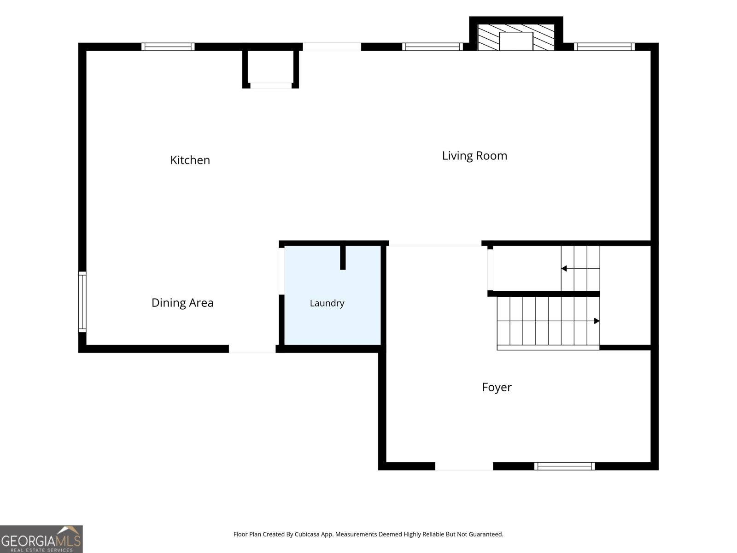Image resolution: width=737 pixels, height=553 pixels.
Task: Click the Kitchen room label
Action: pyautogui.click(x=190, y=160)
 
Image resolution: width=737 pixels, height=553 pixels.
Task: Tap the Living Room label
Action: pyautogui.click(x=474, y=156)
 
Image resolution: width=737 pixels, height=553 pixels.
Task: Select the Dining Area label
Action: pyautogui.click(x=182, y=302)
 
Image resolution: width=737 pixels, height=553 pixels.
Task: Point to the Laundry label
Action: pyautogui.click(x=327, y=303)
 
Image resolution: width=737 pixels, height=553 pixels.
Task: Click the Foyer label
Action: pyautogui.click(x=497, y=387)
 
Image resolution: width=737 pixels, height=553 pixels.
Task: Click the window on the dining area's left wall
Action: pyautogui.click(x=82, y=302)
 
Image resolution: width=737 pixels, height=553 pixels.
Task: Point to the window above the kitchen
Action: pyautogui.click(x=168, y=47)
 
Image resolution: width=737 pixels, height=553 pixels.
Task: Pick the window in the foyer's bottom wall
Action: pyautogui.click(x=564, y=466)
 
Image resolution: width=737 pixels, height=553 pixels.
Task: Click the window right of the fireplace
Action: pyautogui.click(x=604, y=47)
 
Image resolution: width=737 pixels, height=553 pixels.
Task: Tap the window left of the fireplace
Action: pyautogui.click(x=433, y=47)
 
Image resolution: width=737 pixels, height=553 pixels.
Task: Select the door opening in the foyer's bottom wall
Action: pyautogui.click(x=464, y=466)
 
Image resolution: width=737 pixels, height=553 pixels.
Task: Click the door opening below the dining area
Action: pyautogui.click(x=252, y=349)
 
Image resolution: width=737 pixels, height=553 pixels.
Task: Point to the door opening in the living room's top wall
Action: pyautogui.click(x=332, y=47)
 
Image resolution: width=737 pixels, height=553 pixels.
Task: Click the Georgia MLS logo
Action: pyautogui.click(x=41, y=539)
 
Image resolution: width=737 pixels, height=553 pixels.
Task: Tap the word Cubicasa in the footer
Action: pyautogui.click(x=307, y=534)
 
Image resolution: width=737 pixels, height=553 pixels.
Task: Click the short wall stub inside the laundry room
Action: pyautogui.click(x=343, y=258)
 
